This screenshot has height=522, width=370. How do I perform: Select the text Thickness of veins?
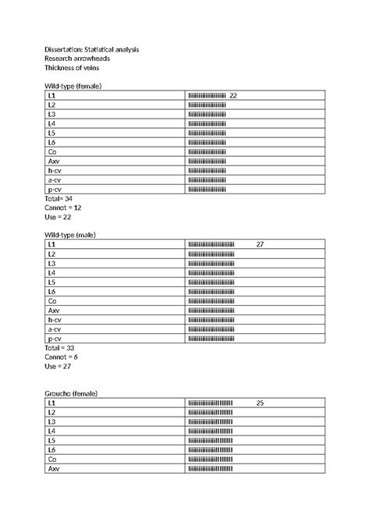tap(72, 69)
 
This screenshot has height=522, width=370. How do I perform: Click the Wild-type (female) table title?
tap(73, 85)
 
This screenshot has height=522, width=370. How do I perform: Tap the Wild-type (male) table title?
tap(70, 235)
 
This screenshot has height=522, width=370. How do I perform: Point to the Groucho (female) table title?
tap(71, 393)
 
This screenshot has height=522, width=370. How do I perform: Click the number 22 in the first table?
tap(233, 95)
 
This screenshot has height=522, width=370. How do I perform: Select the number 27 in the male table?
tap(260, 245)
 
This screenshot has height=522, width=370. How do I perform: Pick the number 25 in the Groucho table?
tap(260, 403)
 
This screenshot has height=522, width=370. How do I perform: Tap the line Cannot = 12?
tap(63, 208)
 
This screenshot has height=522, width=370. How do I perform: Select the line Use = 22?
tap(58, 218)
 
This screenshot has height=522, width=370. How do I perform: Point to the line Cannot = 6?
tap(61, 357)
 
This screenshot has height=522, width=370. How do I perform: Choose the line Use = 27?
tap(58, 367)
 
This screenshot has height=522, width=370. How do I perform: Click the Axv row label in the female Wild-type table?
tap(53, 161)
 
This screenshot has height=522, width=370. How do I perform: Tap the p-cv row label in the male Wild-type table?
tap(55, 339)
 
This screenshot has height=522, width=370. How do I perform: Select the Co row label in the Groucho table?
tap(52, 460)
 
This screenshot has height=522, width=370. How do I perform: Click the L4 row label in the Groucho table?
tap(52, 431)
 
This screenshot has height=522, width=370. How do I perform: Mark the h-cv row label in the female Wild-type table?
tap(55, 170)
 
